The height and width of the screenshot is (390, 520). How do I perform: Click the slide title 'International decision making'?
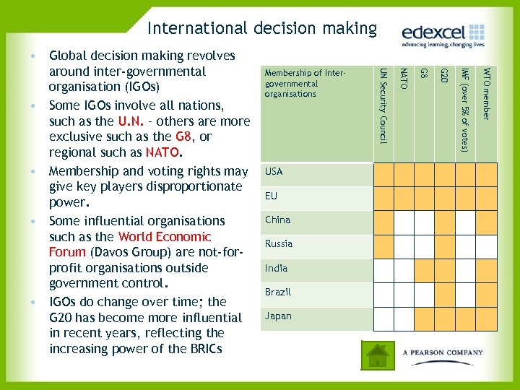[261, 28]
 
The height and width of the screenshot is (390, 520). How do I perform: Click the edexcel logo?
[443, 35]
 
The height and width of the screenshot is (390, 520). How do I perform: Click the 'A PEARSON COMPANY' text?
[443, 352]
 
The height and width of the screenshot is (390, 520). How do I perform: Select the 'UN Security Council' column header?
[383, 105]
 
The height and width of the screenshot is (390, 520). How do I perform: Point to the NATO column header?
[404, 79]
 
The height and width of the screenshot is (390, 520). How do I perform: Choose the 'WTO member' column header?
[487, 94]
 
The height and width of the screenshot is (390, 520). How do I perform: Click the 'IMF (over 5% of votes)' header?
[467, 108]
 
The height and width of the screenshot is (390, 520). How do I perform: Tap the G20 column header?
[446, 75]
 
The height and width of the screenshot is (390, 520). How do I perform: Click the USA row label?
[274, 172]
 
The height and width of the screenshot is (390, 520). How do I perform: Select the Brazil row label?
[278, 292]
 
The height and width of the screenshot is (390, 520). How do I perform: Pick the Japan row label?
[277, 316]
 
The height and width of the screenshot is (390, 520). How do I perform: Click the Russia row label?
[279, 244]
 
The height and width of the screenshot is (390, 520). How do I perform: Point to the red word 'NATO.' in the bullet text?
[164, 152]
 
